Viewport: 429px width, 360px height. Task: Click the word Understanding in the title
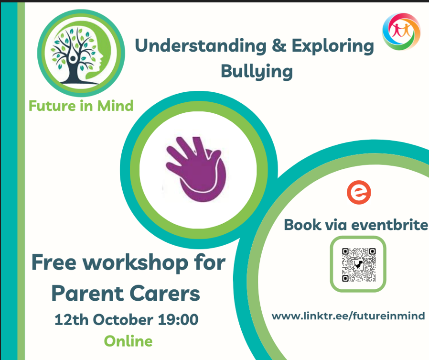tap(201, 46)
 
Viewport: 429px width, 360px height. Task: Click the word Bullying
tap(257, 72)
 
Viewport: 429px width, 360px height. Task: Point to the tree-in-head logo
tap(81, 53)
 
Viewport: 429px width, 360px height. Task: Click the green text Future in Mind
tap(81, 106)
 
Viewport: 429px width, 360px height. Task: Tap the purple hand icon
tap(196, 169)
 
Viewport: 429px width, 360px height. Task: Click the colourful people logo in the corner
tap(401, 32)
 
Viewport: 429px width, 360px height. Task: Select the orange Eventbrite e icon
tap(359, 193)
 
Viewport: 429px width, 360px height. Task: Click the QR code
tap(359, 265)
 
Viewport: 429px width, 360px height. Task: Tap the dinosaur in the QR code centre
tap(359, 265)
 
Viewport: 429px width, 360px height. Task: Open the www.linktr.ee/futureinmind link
tap(348, 316)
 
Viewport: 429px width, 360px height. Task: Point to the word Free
tap(54, 262)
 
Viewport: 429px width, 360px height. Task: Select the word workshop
tap(135, 263)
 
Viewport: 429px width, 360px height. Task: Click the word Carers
tap(165, 294)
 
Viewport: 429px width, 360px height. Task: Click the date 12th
tap(71, 320)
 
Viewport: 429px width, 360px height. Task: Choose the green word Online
tap(129, 341)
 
